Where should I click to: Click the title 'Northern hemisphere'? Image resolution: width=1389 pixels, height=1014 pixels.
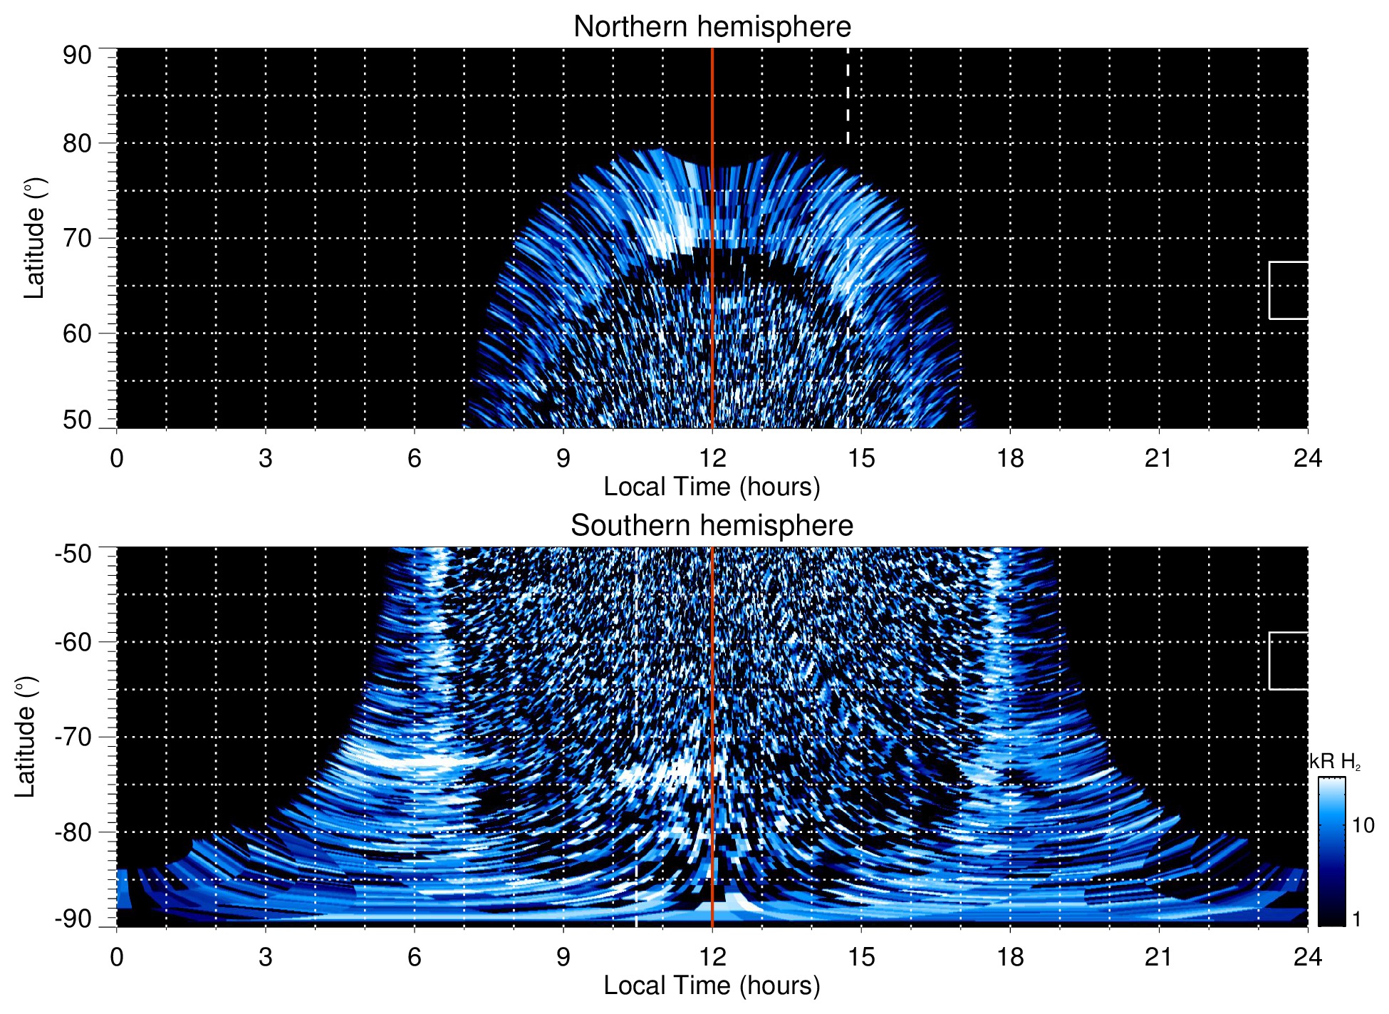[712, 27]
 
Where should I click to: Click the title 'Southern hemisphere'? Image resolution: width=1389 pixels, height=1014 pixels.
[712, 526]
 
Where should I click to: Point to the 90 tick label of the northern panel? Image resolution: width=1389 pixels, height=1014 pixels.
[77, 56]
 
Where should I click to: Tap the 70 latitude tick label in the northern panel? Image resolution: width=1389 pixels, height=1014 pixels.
[77, 238]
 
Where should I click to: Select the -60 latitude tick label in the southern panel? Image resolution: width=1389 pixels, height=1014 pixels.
[73, 642]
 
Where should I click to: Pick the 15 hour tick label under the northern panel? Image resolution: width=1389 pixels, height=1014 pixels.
[860, 458]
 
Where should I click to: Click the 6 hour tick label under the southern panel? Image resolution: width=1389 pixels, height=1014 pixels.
[414, 957]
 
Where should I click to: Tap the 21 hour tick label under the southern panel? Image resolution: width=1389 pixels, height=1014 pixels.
[1158, 957]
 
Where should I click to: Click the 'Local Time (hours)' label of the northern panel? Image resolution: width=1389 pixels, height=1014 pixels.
[712, 487]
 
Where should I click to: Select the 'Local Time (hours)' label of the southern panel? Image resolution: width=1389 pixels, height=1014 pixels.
[712, 986]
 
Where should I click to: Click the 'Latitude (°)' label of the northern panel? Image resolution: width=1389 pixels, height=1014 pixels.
[33, 238]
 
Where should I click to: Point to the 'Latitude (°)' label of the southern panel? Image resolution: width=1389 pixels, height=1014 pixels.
[25, 737]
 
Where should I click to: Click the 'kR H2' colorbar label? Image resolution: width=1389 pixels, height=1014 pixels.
[1334, 762]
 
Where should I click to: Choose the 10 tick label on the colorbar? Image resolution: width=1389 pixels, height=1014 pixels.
[1363, 826]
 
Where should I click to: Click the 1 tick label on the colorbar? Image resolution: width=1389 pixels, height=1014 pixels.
[1356, 919]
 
